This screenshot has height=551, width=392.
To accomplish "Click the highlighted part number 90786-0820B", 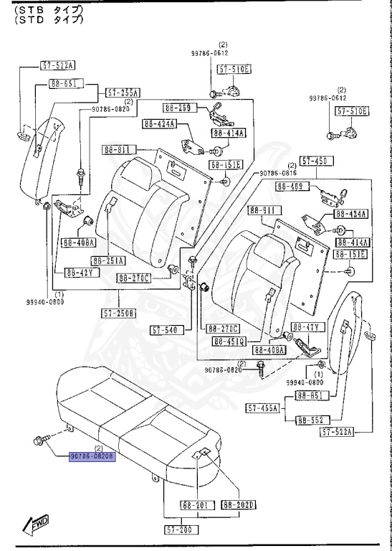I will [91, 456].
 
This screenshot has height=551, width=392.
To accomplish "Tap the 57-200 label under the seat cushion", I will [181, 529].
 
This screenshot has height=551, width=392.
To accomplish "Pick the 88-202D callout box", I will [239, 505].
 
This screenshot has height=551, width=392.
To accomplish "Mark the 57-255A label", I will [123, 93].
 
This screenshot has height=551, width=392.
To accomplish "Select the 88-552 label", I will [312, 420].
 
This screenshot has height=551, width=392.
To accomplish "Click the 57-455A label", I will [263, 408].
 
